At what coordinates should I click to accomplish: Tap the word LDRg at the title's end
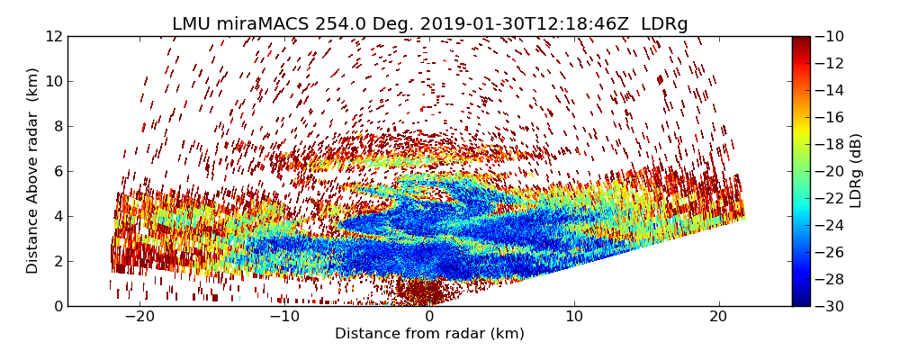664,24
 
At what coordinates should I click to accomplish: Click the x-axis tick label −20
139,317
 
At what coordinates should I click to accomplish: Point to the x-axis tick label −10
284,317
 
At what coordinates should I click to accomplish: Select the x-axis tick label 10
574,317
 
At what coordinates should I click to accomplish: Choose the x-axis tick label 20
718,317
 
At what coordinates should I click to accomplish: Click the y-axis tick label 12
54,36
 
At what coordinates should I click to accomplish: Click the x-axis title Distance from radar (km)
429,334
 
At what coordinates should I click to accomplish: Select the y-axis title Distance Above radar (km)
33,170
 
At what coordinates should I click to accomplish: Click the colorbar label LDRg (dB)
856,170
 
